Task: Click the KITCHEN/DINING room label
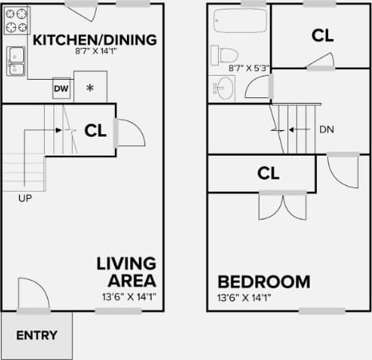[94, 40]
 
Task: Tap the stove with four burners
[17, 22]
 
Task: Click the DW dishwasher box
[61, 89]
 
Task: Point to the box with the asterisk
[90, 87]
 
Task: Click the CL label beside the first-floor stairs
[96, 129]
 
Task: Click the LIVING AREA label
[126, 271]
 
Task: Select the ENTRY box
[37, 335]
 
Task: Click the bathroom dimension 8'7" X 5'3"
[250, 69]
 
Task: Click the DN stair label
[326, 129]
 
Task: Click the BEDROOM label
[263, 282]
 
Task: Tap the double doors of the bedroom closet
[282, 205]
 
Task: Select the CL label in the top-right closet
[322, 35]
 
